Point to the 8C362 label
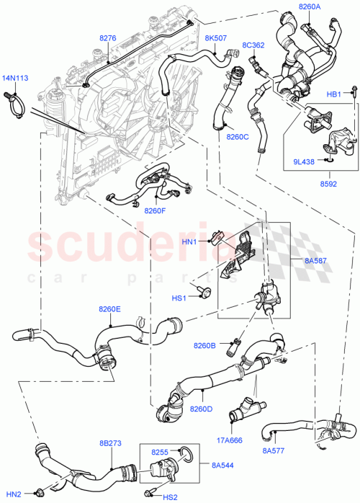click(x=253, y=45)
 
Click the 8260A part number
click(x=310, y=6)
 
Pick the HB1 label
click(x=334, y=94)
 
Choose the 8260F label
click(x=154, y=211)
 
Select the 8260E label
click(x=109, y=309)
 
